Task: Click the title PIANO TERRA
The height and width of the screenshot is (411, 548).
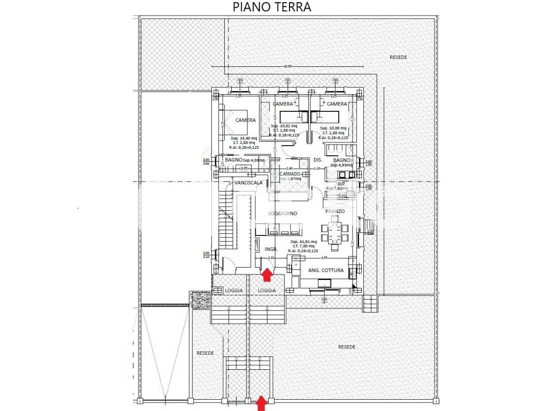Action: click(x=272, y=7)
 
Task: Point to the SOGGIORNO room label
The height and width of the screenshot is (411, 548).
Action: click(x=283, y=214)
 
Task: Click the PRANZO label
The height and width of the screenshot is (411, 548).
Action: click(x=334, y=211)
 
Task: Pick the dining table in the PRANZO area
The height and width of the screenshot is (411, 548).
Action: click(x=334, y=234)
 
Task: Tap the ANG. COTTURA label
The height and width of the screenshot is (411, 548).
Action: click(x=325, y=271)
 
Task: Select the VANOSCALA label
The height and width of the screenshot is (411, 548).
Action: click(x=248, y=183)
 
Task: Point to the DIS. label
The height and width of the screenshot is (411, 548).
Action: click(x=317, y=160)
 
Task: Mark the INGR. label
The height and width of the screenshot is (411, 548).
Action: click(x=270, y=249)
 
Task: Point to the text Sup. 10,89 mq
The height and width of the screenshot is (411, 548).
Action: click(x=333, y=128)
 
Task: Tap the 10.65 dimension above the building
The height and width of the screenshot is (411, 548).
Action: click(x=287, y=66)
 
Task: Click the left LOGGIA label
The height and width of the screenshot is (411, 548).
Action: click(x=233, y=290)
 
